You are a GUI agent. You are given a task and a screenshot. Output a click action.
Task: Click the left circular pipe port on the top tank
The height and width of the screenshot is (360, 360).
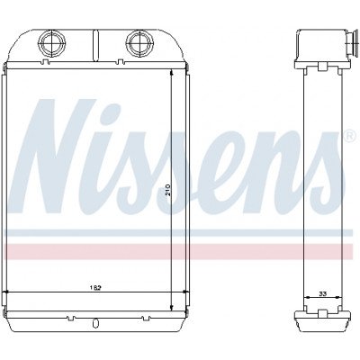tap(52, 43)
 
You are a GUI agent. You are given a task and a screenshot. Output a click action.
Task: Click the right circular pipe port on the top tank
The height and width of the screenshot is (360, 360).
tap(139, 43)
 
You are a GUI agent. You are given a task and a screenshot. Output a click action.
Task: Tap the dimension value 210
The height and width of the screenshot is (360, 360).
tap(167, 190)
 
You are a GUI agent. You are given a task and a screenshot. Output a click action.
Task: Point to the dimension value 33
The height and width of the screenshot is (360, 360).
tap(322, 293)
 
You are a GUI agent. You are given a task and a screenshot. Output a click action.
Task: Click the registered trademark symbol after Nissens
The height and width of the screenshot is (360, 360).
tap(348, 137)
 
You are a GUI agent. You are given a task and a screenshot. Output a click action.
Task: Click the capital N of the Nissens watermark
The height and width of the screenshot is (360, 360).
tap(60, 156)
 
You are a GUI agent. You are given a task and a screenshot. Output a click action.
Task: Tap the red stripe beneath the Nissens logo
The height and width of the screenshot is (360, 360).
tap(179, 251)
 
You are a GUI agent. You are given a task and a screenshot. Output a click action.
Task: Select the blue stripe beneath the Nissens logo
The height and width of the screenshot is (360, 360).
tap(179, 232)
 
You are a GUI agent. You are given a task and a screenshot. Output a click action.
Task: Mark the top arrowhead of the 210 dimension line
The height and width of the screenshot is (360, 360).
tap(171, 73)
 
